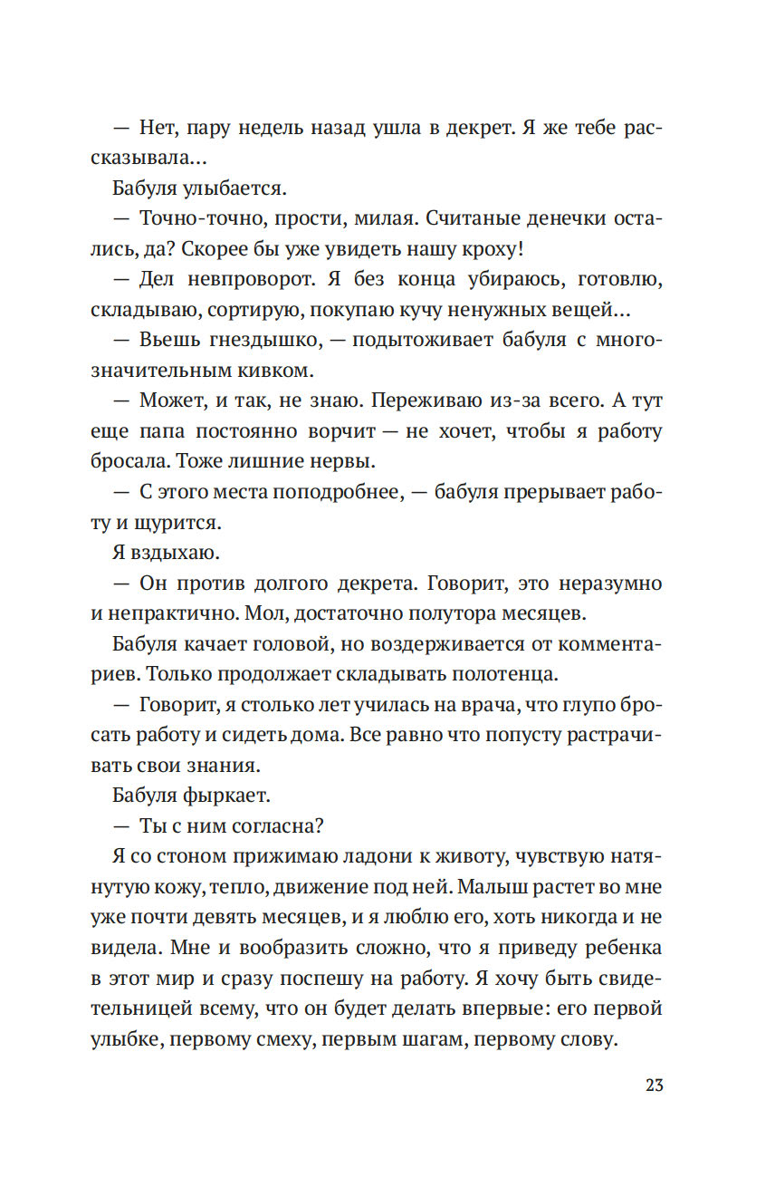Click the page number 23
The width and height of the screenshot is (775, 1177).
tap(654, 1085)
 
